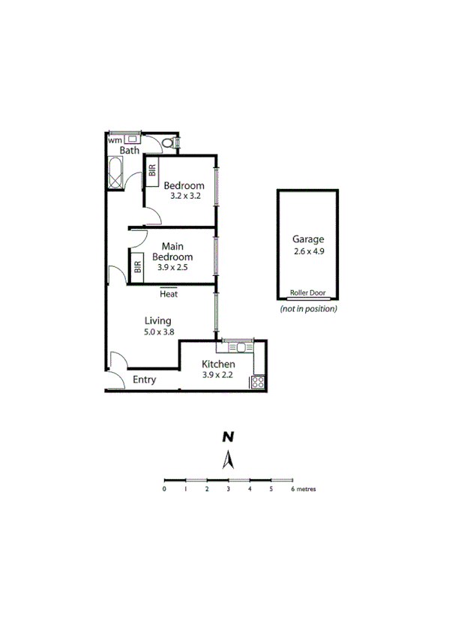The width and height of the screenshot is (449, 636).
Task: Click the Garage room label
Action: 308,240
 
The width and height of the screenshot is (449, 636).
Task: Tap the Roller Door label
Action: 308,295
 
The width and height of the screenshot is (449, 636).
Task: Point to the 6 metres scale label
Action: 302,489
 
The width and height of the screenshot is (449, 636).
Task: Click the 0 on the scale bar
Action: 164,489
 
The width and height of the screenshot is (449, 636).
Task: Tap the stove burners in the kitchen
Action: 258,382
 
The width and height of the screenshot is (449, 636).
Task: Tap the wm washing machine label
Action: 114,140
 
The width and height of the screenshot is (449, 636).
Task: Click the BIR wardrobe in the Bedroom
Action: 152,169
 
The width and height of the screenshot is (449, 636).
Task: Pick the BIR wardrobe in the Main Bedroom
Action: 137,265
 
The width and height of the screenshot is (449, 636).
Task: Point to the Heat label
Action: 169,293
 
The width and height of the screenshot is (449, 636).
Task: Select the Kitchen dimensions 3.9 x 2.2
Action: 219,375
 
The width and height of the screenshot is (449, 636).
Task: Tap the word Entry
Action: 145,380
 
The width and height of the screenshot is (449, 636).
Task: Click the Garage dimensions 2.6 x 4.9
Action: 309,251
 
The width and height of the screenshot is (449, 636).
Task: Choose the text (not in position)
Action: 308,309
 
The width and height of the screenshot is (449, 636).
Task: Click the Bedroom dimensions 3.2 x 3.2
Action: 183,196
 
